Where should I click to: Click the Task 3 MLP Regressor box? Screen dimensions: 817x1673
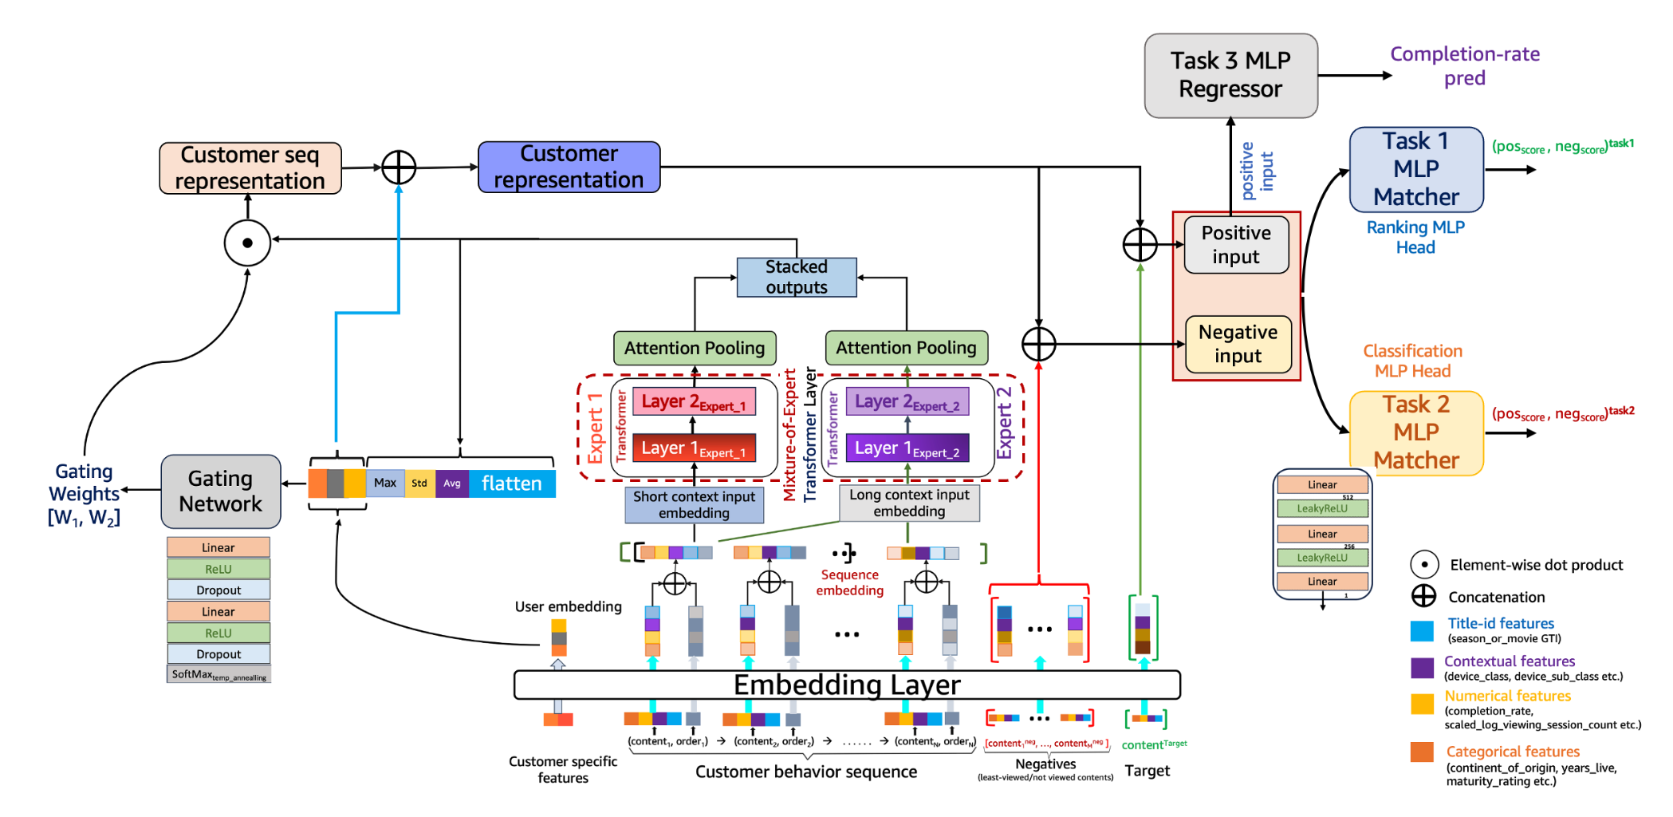(1230, 76)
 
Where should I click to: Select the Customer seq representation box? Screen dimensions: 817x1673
(250, 168)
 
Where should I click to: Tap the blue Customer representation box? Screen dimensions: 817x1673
(569, 168)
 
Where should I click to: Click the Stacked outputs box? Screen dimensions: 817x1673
(797, 277)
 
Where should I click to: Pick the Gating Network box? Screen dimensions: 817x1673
(221, 491)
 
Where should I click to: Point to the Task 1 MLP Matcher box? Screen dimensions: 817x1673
(1416, 169)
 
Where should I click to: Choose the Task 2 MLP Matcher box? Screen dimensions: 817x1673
(1416, 432)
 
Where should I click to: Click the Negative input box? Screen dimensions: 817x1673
(1238, 344)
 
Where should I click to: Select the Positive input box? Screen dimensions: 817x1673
(1236, 245)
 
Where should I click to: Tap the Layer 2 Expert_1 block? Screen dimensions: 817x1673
(694, 401)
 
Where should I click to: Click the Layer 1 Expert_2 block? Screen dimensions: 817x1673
(907, 448)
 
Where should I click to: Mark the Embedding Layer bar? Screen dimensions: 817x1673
(847, 685)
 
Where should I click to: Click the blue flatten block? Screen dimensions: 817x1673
(511, 483)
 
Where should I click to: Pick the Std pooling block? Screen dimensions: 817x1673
(419, 483)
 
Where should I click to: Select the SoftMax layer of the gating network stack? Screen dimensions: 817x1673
(218, 675)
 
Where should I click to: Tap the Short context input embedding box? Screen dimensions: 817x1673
(694, 505)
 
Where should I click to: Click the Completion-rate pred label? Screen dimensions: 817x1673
(1465, 66)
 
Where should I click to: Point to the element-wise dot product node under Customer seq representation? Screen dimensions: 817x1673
(247, 243)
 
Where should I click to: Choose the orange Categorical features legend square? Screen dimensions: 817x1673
(1422, 752)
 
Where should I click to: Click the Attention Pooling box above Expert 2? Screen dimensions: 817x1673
(906, 348)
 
